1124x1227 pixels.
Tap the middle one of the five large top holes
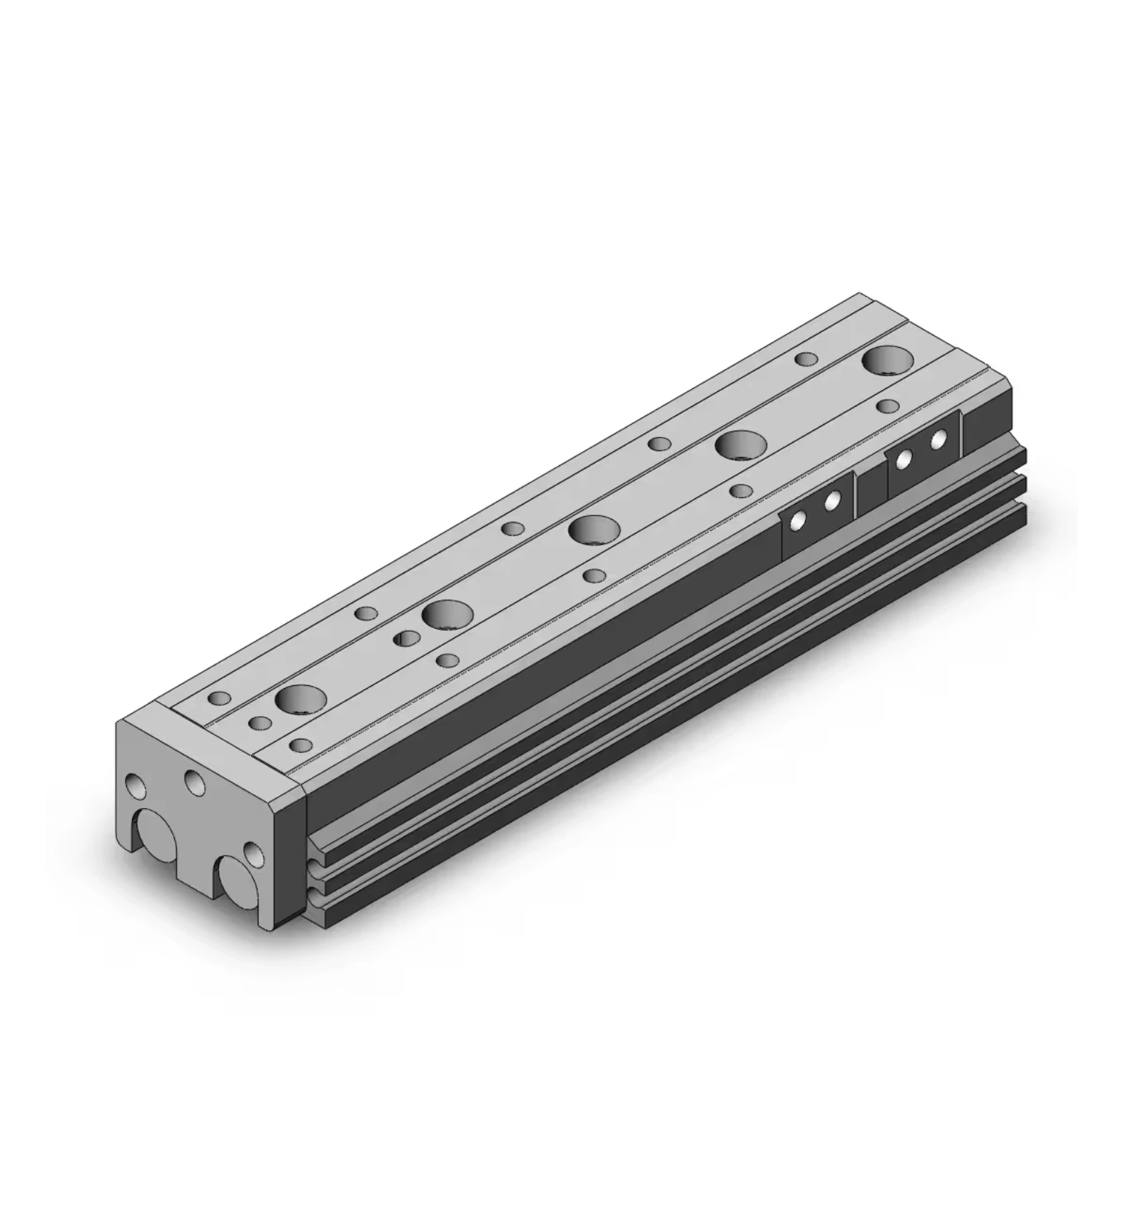coord(594,530)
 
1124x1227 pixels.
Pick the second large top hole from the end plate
coord(447,614)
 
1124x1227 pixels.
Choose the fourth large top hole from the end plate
coord(741,445)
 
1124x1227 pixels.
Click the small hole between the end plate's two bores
coord(253,852)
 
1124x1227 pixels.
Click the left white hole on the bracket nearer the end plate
coord(796,522)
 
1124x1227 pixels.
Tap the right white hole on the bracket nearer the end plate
coord(831,502)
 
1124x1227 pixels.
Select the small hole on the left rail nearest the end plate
coord(221,697)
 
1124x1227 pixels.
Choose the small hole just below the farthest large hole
coord(887,406)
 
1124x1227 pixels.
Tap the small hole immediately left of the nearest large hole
coord(259,723)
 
